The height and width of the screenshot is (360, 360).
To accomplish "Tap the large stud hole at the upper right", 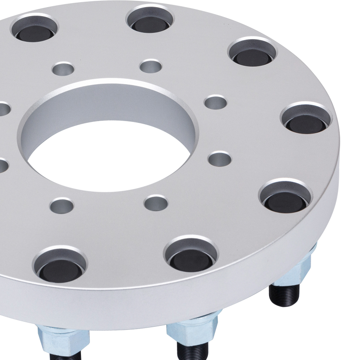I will [252, 53].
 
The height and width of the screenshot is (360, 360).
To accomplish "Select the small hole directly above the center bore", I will [150, 66].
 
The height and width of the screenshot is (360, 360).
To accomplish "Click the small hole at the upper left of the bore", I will [63, 69].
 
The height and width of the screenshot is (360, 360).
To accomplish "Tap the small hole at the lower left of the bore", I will [62, 206].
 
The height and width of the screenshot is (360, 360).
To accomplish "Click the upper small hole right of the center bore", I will [216, 102].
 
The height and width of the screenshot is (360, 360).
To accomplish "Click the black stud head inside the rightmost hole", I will [306, 123].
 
